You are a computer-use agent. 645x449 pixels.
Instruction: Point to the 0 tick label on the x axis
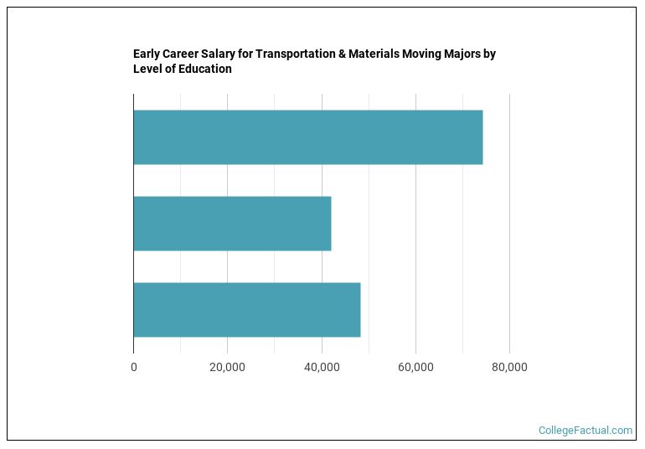[133, 367]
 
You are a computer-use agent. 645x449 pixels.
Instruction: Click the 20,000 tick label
[227, 367]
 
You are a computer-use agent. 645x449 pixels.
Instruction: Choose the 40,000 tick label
[322, 367]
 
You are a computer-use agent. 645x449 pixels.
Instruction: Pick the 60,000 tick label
[415, 367]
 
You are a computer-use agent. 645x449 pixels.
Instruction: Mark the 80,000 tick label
[509, 367]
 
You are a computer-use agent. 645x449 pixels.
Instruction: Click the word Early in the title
[147, 54]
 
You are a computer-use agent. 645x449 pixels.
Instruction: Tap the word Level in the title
[148, 70]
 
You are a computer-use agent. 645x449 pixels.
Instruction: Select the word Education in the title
[205, 70]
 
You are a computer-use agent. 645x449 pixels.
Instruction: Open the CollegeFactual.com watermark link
[586, 431]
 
